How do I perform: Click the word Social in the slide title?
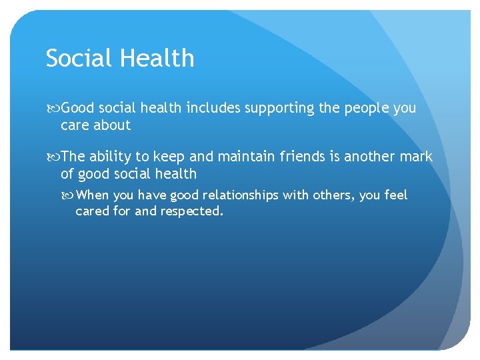[77, 59]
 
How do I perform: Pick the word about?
[113, 125]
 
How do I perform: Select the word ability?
[111, 157]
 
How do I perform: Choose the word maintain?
[231, 157]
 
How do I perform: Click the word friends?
[298, 157]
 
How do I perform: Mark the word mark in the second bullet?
[417, 157]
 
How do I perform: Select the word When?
[93, 196]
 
